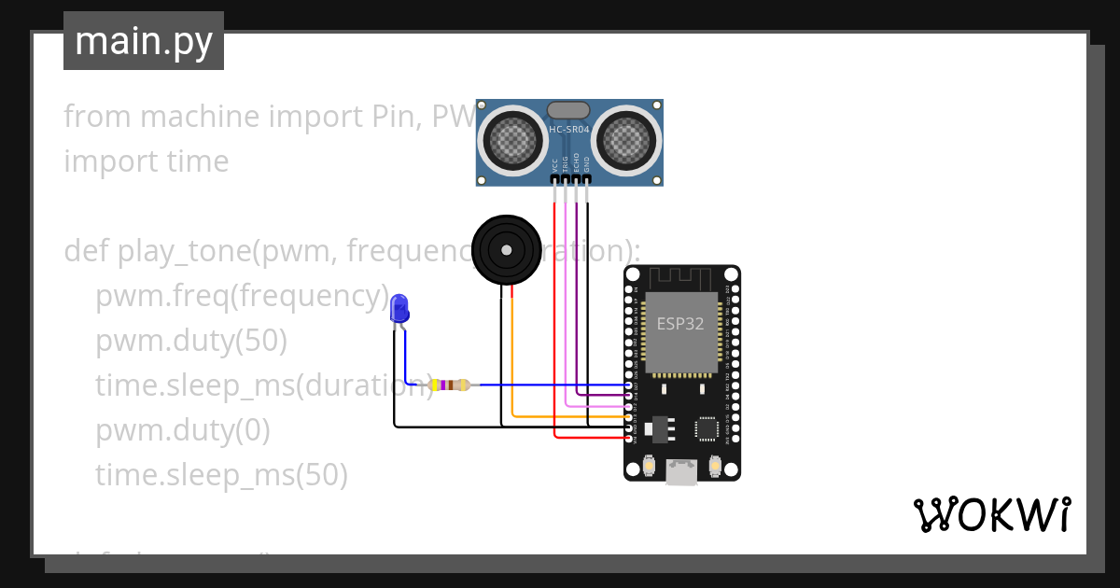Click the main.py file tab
point(144,41)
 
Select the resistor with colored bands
point(449,385)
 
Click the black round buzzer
point(506,249)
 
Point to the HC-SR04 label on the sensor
point(569,130)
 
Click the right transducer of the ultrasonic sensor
point(624,141)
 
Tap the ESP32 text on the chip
point(680,324)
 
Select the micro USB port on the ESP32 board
point(681,472)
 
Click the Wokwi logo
point(991,514)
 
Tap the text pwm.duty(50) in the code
point(190,342)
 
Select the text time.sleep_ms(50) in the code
point(221,476)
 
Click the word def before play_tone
point(87,252)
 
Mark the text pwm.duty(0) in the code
point(182,431)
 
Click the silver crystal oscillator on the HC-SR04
point(568,110)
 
